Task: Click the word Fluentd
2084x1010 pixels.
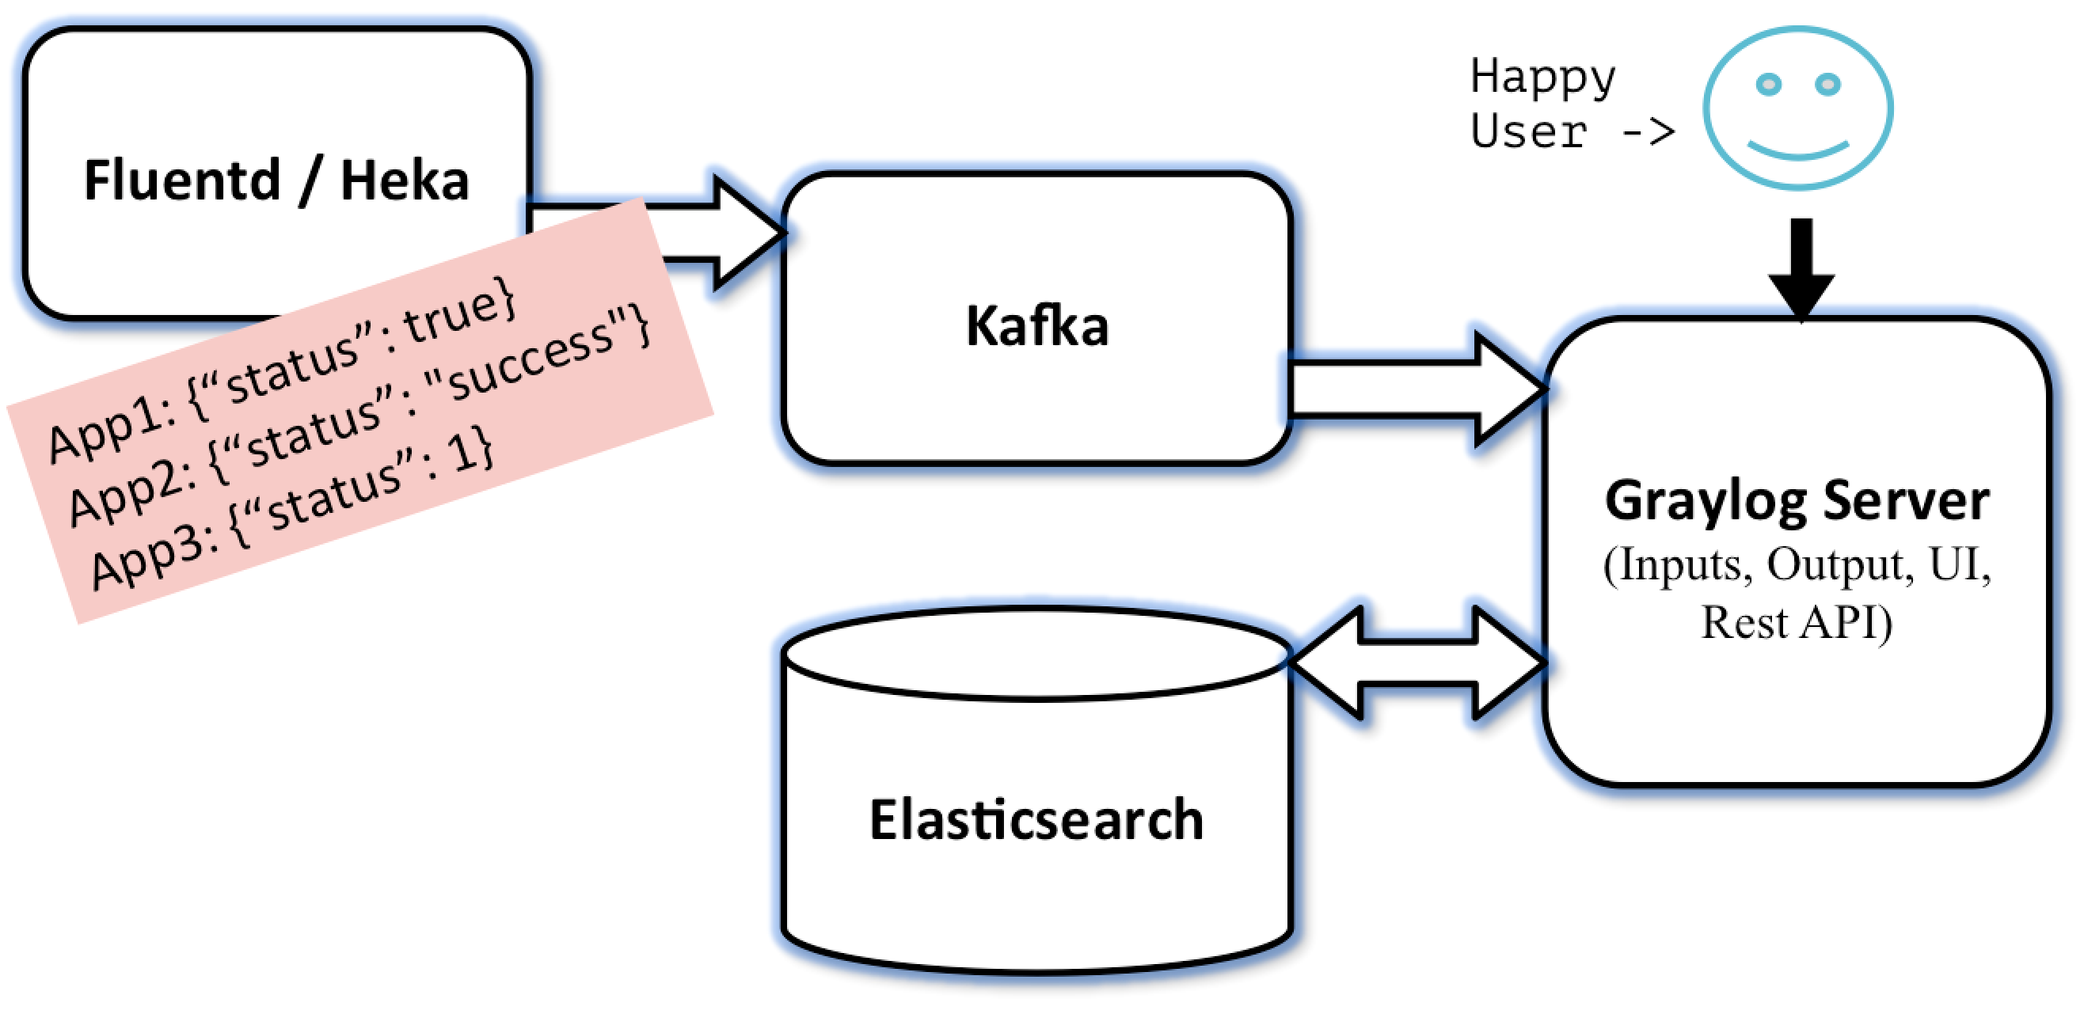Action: coord(182,180)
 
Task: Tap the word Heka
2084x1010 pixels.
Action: coord(405,180)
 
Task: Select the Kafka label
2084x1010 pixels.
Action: coord(1037,326)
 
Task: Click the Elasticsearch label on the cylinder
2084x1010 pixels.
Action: coord(1036,819)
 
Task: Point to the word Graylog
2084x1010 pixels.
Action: coord(1706,502)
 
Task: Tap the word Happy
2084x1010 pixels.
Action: coord(1542,78)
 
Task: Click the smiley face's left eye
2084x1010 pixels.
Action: coord(1769,84)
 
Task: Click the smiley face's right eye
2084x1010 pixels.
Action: coord(1827,84)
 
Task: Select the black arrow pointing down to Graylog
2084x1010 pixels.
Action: coord(1801,269)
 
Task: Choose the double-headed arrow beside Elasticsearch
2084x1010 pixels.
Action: coord(1418,663)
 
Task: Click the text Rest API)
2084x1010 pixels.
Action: coord(1796,624)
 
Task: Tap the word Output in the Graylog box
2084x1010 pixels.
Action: coord(1839,564)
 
